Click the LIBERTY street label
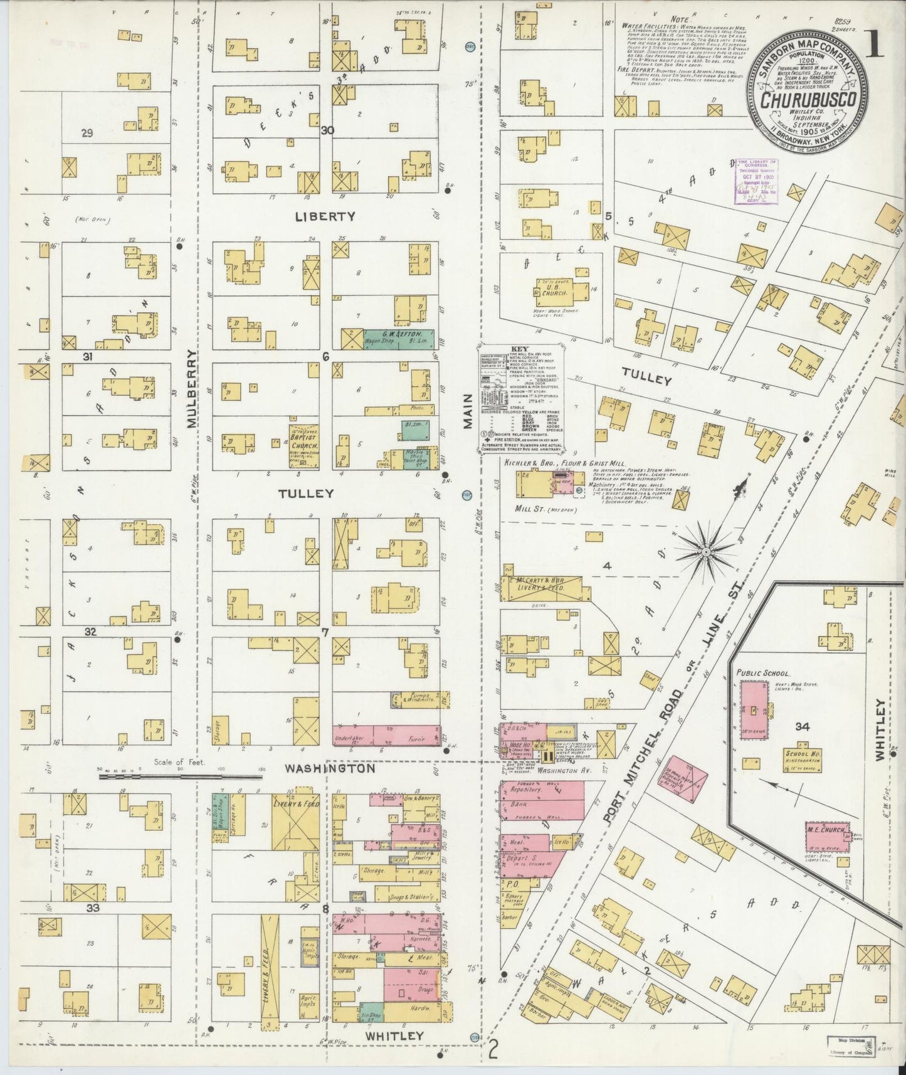pyautogui.click(x=325, y=216)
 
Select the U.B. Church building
pyautogui.click(x=557, y=290)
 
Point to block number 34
pyautogui.click(x=801, y=727)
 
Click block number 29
pyautogui.click(x=87, y=133)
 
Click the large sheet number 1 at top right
pyautogui.click(x=877, y=46)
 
